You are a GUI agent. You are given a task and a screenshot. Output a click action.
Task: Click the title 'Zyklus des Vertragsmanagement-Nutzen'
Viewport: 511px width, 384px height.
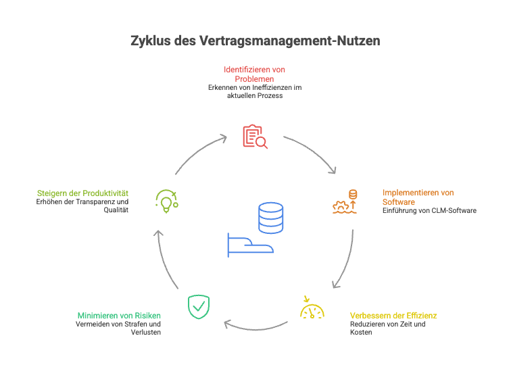(x=255, y=41)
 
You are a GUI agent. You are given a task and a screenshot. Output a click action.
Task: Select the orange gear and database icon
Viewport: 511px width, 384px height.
(x=345, y=201)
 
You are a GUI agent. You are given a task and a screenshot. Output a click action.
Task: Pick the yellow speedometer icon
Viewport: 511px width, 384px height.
(x=312, y=308)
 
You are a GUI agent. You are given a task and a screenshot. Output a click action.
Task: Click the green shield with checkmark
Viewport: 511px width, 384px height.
(x=197, y=306)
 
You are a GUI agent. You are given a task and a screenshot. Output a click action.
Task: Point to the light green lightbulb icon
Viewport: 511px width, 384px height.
(x=166, y=201)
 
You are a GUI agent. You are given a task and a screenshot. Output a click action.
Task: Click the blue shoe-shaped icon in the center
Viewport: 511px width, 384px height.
(x=250, y=244)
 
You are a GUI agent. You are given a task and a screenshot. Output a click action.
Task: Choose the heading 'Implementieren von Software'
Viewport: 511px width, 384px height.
(x=418, y=197)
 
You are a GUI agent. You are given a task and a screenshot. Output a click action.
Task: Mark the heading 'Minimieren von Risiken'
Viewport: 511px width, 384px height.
(x=119, y=315)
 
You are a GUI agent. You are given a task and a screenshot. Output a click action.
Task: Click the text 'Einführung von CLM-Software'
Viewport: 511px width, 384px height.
(x=429, y=211)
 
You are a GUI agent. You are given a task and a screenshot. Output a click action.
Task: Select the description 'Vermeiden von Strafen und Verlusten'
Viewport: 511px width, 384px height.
(x=118, y=328)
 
